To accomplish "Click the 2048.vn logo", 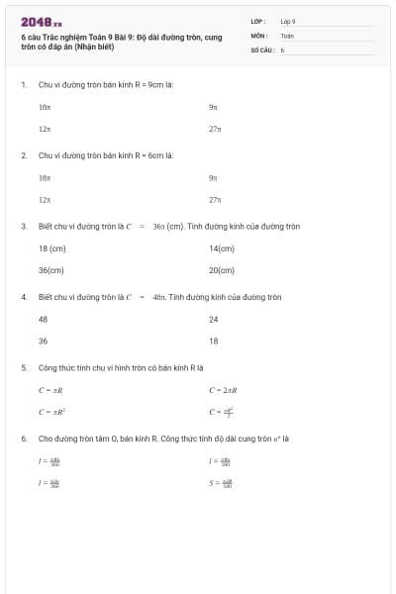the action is click(x=41, y=22).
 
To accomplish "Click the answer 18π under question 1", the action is click(x=45, y=106).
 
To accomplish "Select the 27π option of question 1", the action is click(x=215, y=129).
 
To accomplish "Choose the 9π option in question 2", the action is click(x=213, y=177).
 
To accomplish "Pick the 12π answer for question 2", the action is click(x=45, y=200).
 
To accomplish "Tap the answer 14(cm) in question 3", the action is click(x=222, y=248).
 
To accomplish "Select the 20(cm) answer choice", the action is click(x=222, y=270).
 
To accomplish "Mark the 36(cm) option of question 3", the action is click(x=50, y=270).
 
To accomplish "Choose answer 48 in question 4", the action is click(x=43, y=319).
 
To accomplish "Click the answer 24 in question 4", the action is click(x=213, y=319).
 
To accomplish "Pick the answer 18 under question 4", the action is click(x=213, y=341).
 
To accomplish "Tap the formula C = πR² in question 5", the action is click(x=51, y=412).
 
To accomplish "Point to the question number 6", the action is click(x=23, y=438).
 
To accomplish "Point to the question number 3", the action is click(x=23, y=226).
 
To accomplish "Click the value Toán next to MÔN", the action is click(x=287, y=35).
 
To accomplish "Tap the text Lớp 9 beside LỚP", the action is click(x=288, y=21).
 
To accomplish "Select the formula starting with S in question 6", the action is click(x=221, y=483).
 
